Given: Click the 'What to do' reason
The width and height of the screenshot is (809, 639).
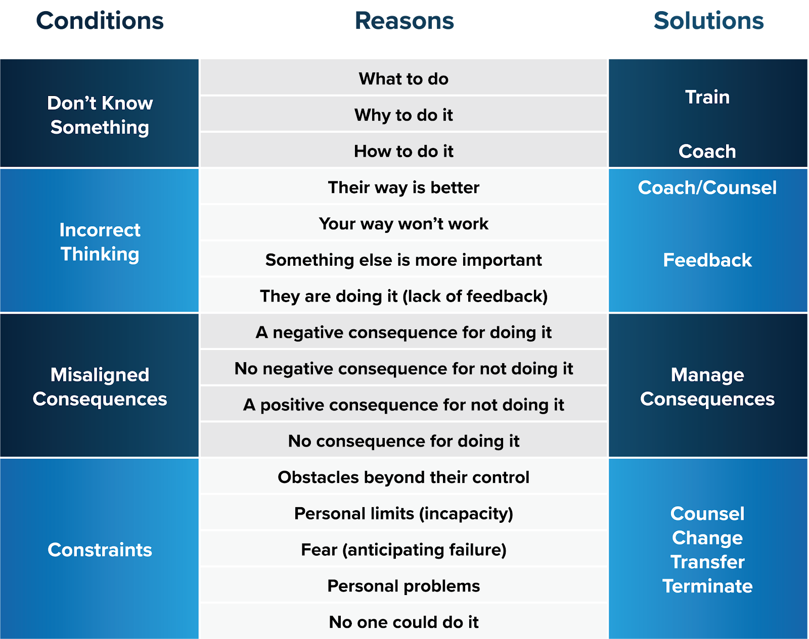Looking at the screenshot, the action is click(x=403, y=79).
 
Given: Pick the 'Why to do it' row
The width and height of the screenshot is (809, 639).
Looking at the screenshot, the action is click(x=403, y=115).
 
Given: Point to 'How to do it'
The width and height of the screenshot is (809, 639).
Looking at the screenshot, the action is click(x=403, y=152).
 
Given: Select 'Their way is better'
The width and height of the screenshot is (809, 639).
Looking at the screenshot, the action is click(x=403, y=187).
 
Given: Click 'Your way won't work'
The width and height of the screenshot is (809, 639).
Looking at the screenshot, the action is click(x=403, y=224).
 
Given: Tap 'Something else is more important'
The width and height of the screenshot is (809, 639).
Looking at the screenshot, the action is click(x=403, y=260).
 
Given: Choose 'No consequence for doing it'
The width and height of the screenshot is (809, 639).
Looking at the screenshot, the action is click(x=403, y=441).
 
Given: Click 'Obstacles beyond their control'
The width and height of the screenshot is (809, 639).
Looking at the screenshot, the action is click(x=403, y=477).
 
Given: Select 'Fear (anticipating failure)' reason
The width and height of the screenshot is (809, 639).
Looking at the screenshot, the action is click(x=403, y=550).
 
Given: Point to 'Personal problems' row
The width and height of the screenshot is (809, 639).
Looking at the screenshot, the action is click(x=403, y=586).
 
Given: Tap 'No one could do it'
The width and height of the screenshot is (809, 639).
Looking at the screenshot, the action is click(x=403, y=622).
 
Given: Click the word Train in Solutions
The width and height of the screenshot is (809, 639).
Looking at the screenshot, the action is click(x=707, y=97).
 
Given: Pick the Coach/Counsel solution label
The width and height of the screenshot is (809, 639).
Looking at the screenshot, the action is click(x=707, y=187).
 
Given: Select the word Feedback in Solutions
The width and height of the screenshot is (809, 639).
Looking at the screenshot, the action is click(x=707, y=260).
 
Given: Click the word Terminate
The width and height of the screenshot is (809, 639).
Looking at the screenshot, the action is click(x=707, y=586).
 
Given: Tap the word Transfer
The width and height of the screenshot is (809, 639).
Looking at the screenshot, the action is click(x=707, y=562).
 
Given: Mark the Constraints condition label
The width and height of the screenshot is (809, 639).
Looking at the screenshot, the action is click(x=100, y=550).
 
